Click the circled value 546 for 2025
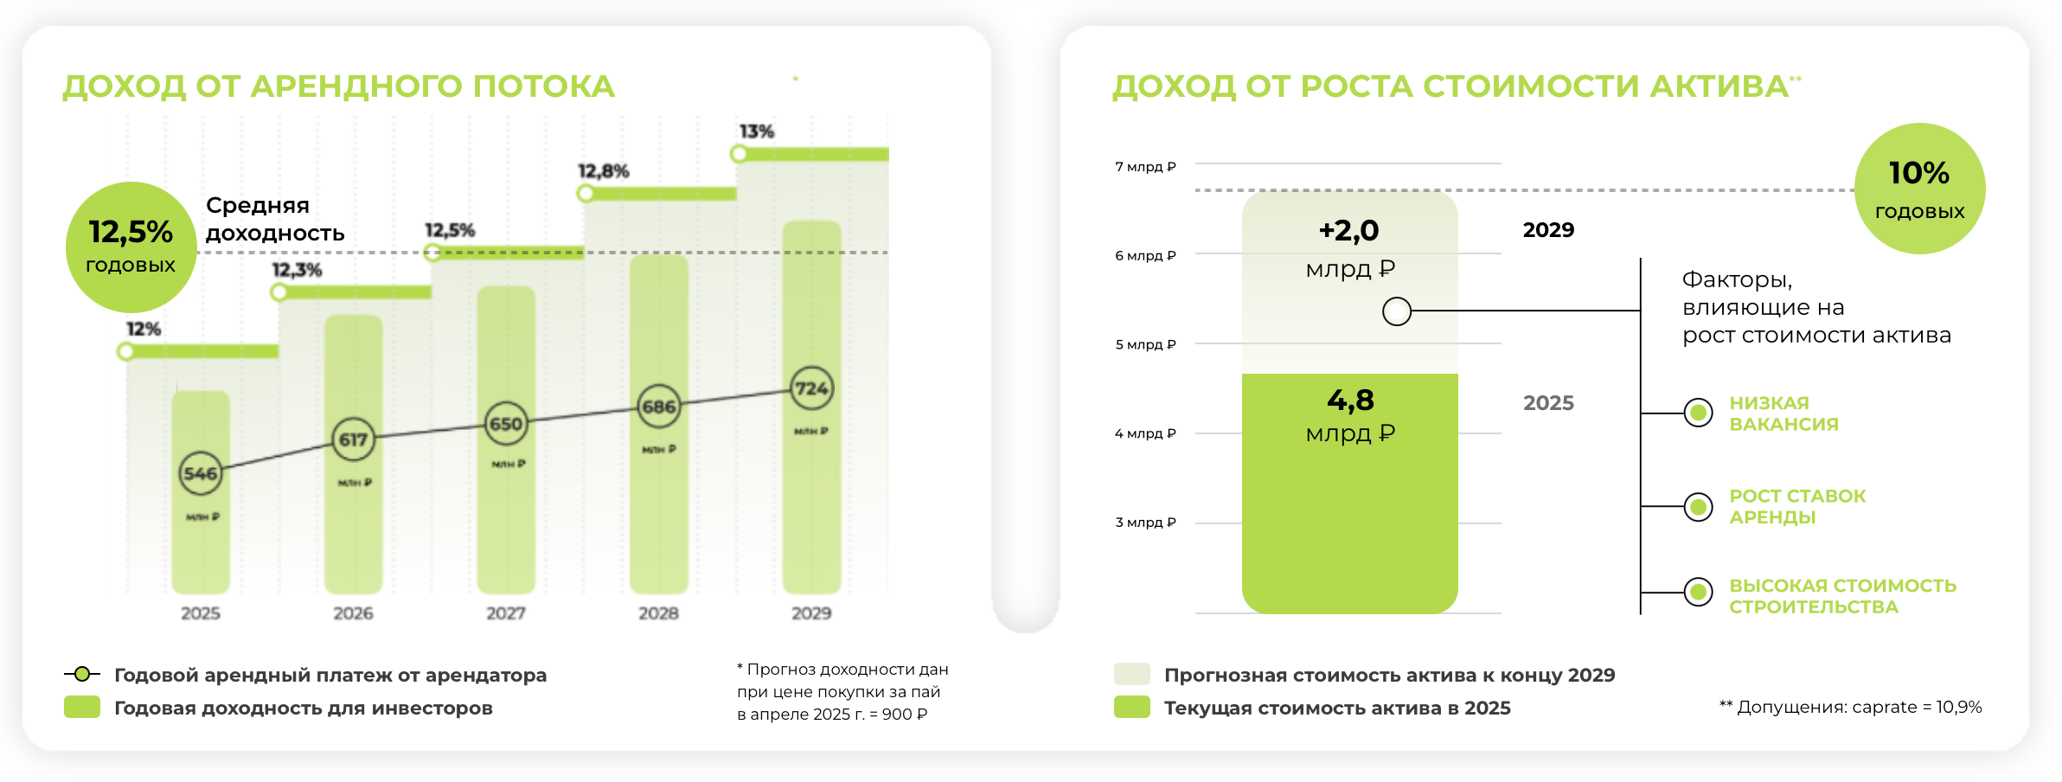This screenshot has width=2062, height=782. point(201,473)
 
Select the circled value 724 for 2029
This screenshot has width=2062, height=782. point(811,388)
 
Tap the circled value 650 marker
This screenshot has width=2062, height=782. point(506,424)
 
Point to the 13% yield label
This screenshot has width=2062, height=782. point(756,131)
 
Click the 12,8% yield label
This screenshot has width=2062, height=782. point(603,171)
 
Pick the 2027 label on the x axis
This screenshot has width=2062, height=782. point(506,613)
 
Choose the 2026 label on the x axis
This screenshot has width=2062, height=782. point(353,613)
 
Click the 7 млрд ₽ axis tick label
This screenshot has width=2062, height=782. point(1145,166)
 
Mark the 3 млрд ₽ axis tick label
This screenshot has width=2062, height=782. point(1145,522)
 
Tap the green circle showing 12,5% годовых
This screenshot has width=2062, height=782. point(131,247)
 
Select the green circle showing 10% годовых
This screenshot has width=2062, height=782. point(1919,189)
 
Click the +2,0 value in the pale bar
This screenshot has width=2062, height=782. point(1349,231)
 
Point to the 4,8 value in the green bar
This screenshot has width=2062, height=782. point(1350,401)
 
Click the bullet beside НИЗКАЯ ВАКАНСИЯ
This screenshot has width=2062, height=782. point(1699,413)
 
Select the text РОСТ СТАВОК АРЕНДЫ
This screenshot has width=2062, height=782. point(1797,507)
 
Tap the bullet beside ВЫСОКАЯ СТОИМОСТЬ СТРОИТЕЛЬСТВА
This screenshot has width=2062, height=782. point(1699,592)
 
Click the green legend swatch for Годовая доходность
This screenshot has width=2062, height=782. point(82,708)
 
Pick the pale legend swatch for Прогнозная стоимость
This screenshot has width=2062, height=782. point(1131,675)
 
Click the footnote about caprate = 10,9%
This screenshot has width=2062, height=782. point(1850,707)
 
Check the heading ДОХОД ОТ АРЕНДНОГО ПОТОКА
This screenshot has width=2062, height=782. point(338,87)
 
